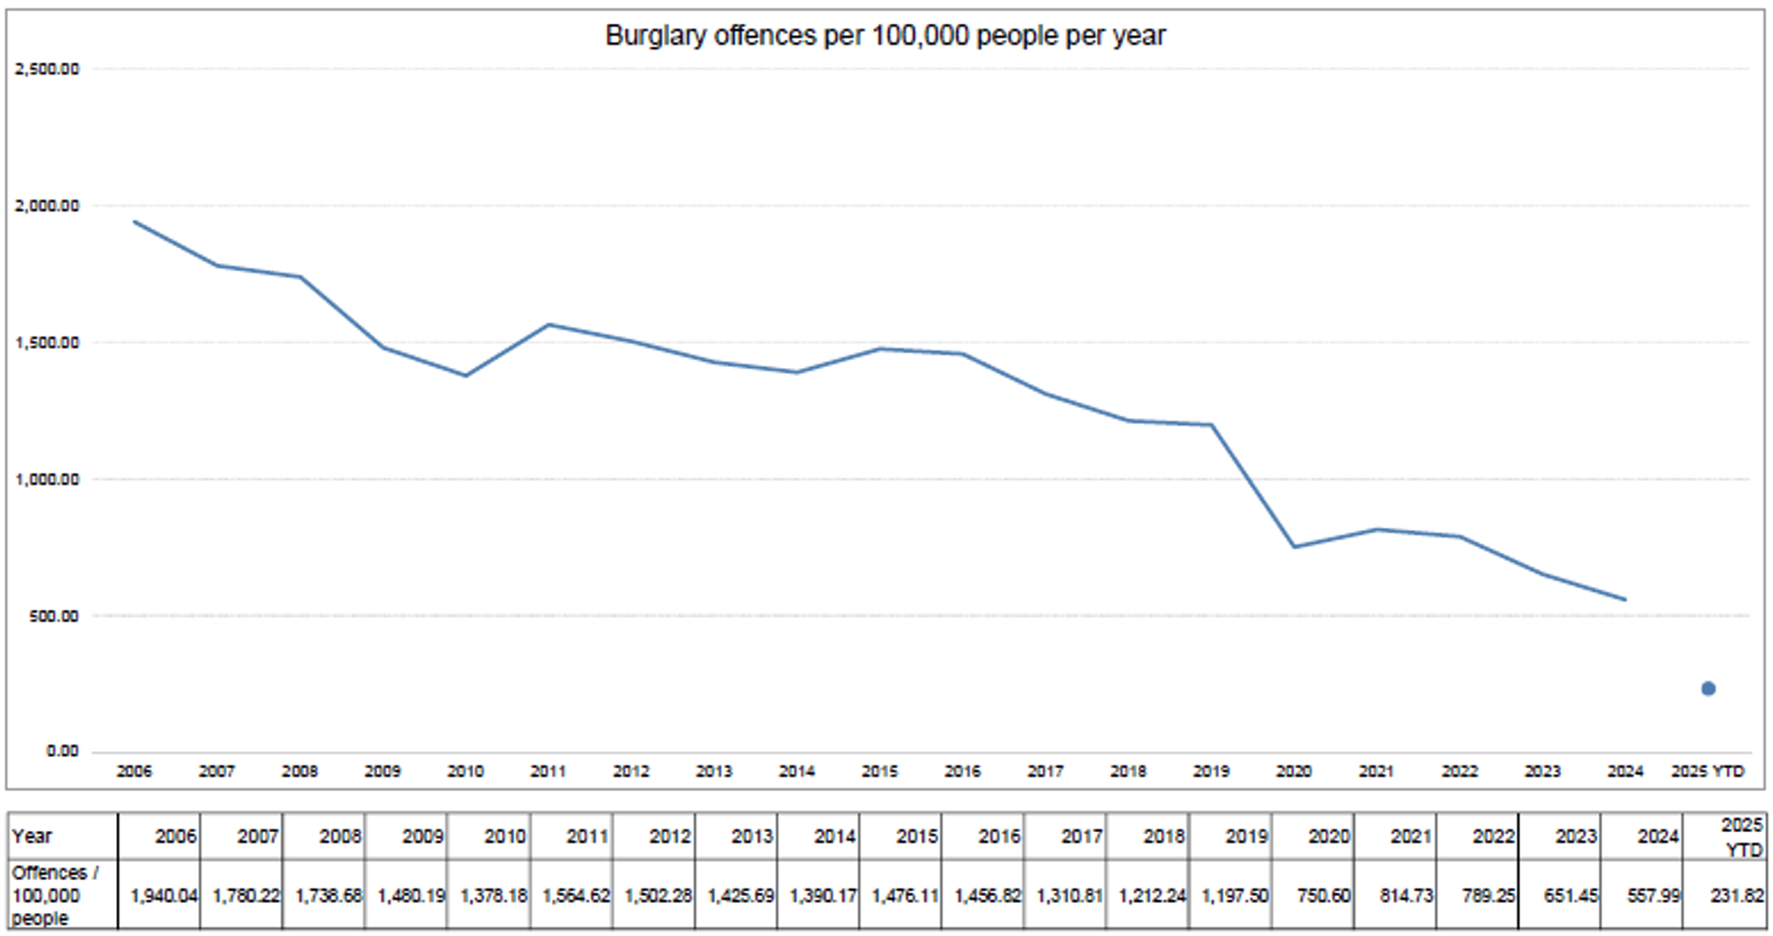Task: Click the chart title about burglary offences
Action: [x=885, y=36]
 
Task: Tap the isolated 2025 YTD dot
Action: [x=1708, y=688]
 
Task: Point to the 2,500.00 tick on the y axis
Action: [x=48, y=69]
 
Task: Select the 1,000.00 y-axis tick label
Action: [x=48, y=479]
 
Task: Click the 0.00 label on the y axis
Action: [x=62, y=751]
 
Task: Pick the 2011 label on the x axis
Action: [x=548, y=771]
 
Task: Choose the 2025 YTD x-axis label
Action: [x=1707, y=771]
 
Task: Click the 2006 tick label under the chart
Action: [x=134, y=771]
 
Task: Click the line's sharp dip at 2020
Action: [x=1294, y=546]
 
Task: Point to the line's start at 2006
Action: [x=134, y=222]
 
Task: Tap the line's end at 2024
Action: [x=1625, y=600]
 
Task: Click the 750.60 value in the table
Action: [x=1324, y=896]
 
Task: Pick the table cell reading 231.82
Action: [x=1737, y=896]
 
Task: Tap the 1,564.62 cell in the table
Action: [x=576, y=896]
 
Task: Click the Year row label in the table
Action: [x=31, y=836]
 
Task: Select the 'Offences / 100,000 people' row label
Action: [x=55, y=895]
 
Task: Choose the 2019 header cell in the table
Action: [x=1246, y=836]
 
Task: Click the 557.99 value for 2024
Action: [x=1654, y=896]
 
